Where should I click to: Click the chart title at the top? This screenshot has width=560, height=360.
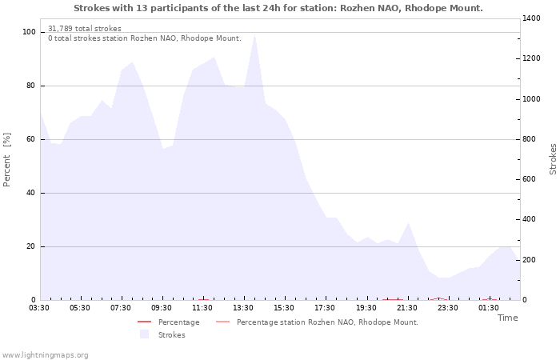pos(278,8)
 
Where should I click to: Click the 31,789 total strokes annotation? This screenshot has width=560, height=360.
pos(85,29)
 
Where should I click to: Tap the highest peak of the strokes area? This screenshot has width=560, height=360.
pos(254,34)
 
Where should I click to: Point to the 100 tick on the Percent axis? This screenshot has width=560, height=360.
pos(30,32)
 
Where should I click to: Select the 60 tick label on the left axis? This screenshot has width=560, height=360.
pos(30,139)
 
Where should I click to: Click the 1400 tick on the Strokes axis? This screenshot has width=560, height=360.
pos(531,18)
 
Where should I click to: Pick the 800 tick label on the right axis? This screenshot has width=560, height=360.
pos(529,139)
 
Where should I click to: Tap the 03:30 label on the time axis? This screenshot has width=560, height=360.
pos(39,308)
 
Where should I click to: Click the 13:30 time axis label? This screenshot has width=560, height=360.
pos(243,308)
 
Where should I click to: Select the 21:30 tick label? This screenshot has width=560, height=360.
pos(407,308)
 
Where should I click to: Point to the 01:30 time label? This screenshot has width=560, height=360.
pos(489,308)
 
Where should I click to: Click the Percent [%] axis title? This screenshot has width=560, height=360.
pos(6,160)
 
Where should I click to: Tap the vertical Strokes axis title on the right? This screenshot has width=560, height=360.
pos(553,159)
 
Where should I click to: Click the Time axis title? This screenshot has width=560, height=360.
pos(508,318)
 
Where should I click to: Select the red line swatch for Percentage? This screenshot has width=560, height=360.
pos(145,322)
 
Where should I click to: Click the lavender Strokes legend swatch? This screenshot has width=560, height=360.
pos(144,334)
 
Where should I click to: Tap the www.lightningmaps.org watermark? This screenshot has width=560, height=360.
pos(44,355)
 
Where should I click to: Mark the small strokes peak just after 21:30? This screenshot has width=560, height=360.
pos(408,223)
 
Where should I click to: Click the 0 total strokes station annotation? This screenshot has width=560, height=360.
pos(145,38)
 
